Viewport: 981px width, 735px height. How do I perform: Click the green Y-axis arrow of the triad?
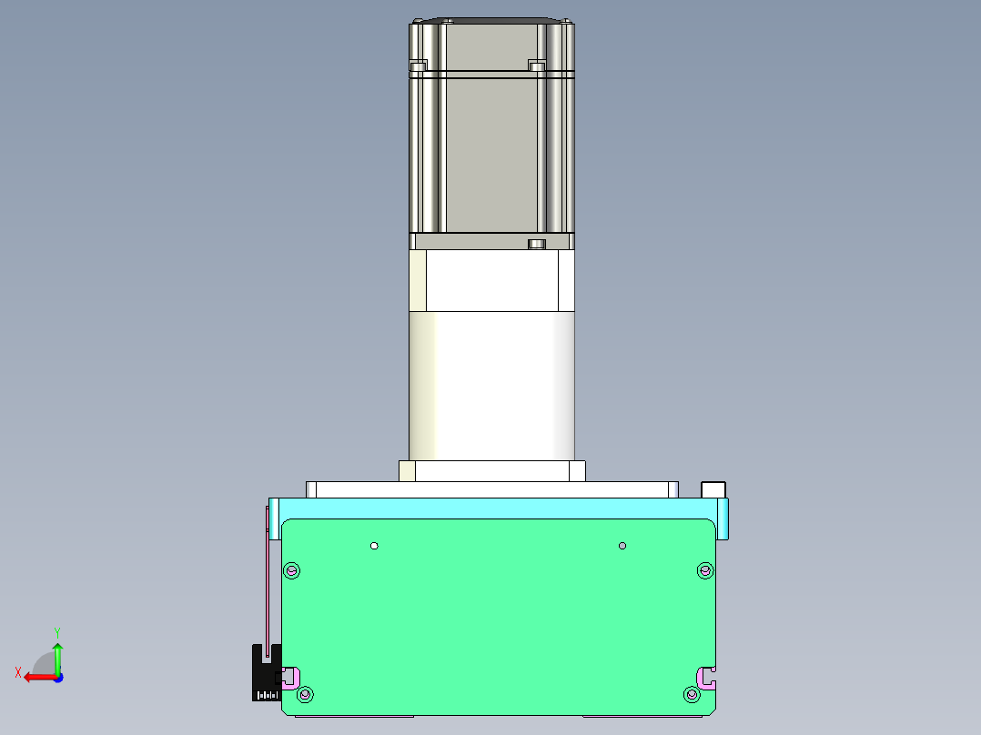point(57,652)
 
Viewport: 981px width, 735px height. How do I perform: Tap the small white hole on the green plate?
point(374,546)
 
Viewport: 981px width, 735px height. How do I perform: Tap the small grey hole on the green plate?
point(622,546)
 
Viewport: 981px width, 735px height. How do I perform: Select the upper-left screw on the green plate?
point(292,571)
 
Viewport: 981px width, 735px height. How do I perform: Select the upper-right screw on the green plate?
point(704,570)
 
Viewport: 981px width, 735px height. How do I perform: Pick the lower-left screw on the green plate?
point(305,695)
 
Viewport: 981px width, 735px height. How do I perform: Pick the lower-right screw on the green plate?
point(692,695)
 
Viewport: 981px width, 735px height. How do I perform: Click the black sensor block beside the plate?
point(265,673)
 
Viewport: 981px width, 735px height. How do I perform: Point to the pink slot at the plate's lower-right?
point(706,675)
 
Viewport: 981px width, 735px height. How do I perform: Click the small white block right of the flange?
point(713,489)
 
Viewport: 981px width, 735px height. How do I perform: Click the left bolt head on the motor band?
point(419,66)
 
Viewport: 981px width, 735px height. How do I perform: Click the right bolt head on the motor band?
point(536,66)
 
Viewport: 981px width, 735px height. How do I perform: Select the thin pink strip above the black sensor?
point(268,582)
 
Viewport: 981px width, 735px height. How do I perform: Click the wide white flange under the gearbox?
point(491,489)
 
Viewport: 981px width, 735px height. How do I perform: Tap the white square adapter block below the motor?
point(491,281)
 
